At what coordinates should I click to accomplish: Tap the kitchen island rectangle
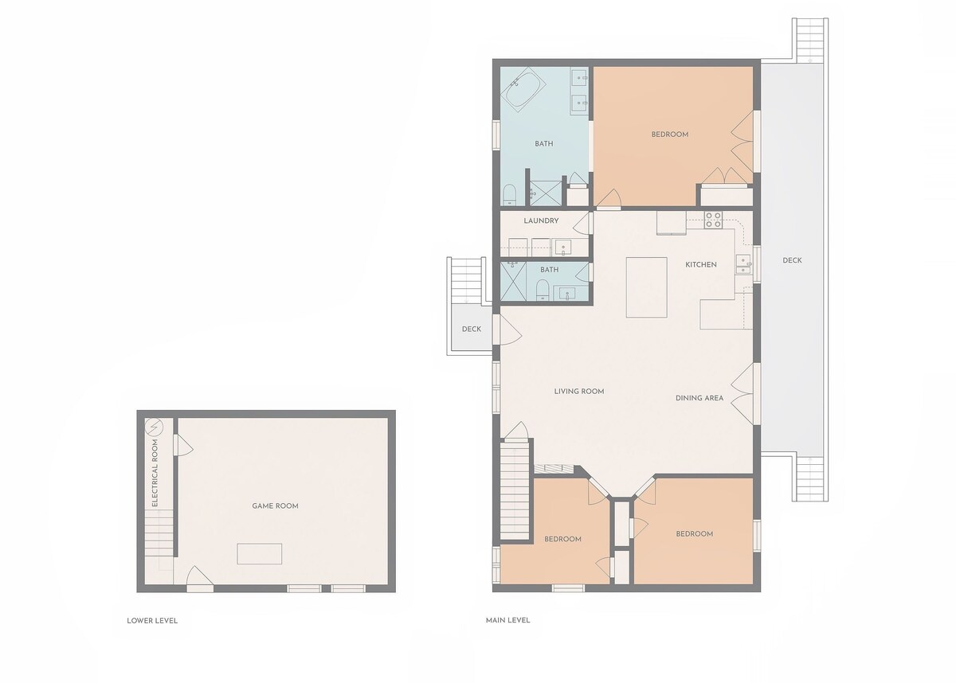pyautogui.click(x=646, y=287)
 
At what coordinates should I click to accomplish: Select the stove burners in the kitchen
pyautogui.click(x=713, y=220)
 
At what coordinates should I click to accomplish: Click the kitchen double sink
pyautogui.click(x=743, y=264)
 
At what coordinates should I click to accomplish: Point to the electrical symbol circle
pyautogui.click(x=154, y=427)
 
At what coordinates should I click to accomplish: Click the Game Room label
pyautogui.click(x=275, y=505)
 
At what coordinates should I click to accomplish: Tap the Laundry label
pyautogui.click(x=541, y=221)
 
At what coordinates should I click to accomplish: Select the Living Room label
pyautogui.click(x=579, y=391)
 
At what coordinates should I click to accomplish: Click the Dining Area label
pyautogui.click(x=699, y=398)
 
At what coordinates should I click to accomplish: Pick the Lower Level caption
pyautogui.click(x=152, y=620)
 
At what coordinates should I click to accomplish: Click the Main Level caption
pyautogui.click(x=508, y=620)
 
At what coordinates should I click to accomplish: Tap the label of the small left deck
pyautogui.click(x=471, y=329)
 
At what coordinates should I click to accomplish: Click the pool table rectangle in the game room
pyautogui.click(x=260, y=554)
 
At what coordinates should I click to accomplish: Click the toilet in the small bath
pyautogui.click(x=542, y=290)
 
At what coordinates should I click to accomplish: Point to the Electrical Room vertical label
pyautogui.click(x=155, y=473)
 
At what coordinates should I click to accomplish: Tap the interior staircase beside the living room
pyautogui.click(x=515, y=490)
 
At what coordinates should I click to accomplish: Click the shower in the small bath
pyautogui.click(x=513, y=281)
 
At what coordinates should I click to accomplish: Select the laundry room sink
pyautogui.click(x=563, y=248)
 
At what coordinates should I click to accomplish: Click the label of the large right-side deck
pyautogui.click(x=792, y=260)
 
